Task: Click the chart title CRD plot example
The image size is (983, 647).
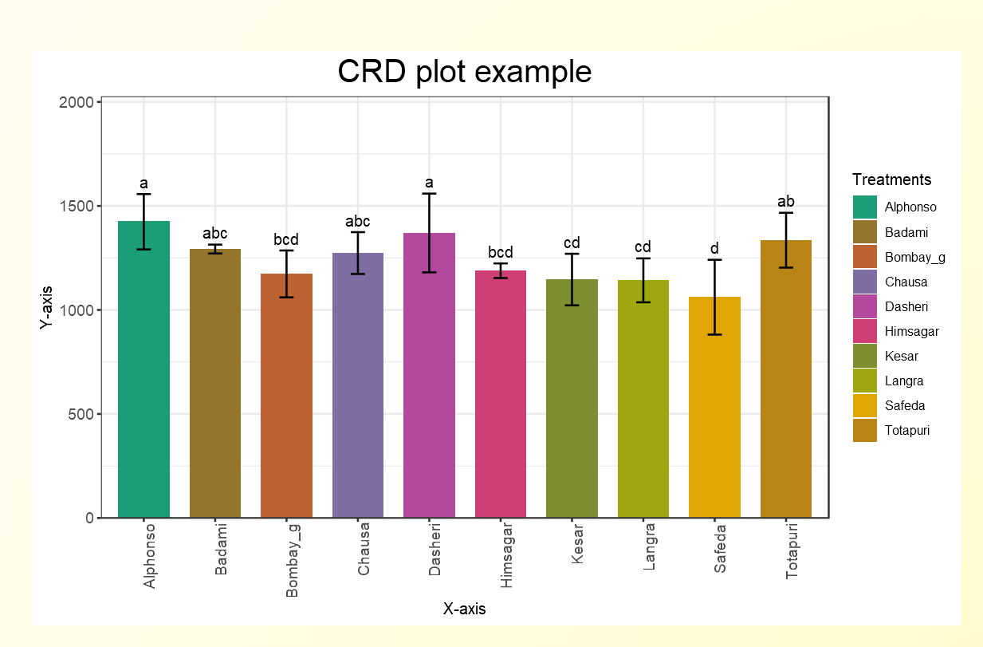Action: pos(464,72)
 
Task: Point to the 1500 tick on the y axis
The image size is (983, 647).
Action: pos(80,207)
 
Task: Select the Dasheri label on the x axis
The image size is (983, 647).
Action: pos(435,550)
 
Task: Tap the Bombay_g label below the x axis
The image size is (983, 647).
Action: pos(293,560)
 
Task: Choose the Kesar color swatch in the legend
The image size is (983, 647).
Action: pos(864,357)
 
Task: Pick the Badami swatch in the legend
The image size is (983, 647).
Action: pos(864,232)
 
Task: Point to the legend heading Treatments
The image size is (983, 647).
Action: pos(891,180)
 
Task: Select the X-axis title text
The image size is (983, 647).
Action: pos(464,610)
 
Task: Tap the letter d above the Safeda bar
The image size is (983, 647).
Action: pos(714,249)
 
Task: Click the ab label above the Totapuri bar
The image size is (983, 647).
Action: pos(786,202)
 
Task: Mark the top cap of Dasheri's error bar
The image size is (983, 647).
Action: pos(429,194)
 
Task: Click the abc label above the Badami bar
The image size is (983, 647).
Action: pos(215,234)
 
